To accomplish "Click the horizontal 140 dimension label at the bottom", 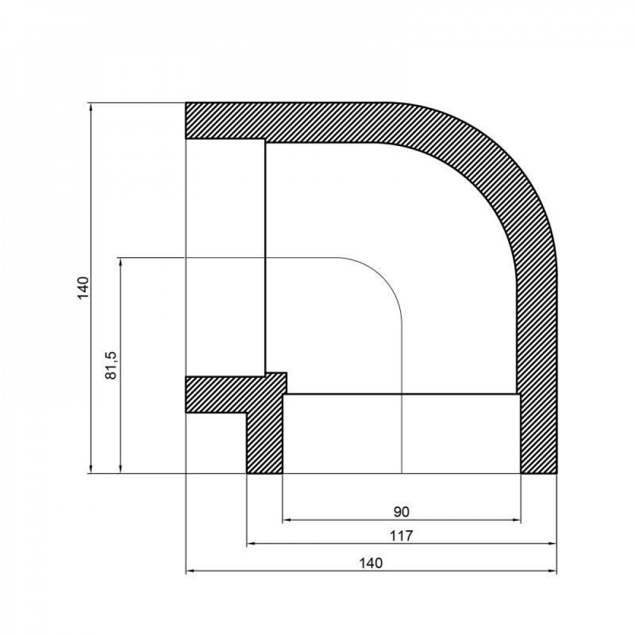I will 370,562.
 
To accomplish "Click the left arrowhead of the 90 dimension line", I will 286,521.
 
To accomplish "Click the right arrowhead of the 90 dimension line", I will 517,521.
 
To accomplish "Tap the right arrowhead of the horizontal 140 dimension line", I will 552,571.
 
